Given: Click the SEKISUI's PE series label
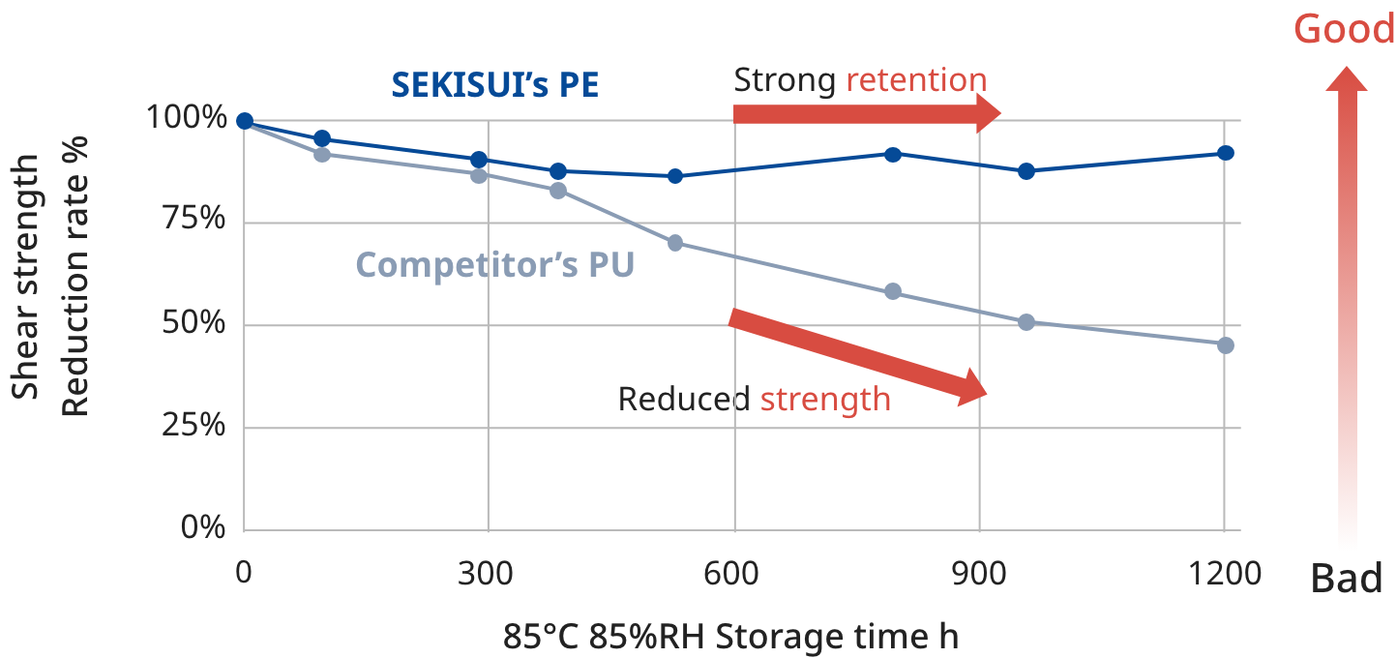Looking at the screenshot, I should (x=494, y=85).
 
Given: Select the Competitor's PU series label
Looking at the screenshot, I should (x=494, y=264).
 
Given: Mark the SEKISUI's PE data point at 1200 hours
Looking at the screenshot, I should (x=1225, y=153).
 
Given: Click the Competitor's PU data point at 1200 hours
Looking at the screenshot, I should (x=1225, y=345).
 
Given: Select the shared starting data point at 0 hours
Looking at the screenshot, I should (x=245, y=121).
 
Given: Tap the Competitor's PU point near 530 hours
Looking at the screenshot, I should (x=675, y=243).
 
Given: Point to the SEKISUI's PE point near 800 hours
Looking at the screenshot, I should (x=893, y=154).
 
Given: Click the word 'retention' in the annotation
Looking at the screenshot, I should (x=915, y=81).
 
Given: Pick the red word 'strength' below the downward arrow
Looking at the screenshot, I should (x=825, y=399).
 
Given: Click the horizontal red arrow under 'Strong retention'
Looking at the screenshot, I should (x=866, y=113).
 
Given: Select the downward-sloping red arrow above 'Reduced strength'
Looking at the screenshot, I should (x=857, y=354).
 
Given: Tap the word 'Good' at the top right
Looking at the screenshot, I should (x=1344, y=29).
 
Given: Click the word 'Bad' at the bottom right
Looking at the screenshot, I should (x=1346, y=580).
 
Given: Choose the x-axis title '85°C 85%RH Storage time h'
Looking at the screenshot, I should (x=730, y=638).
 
